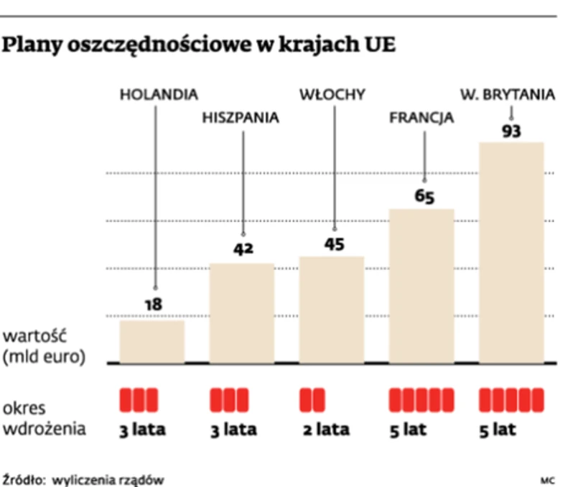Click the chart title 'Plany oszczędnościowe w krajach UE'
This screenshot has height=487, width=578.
point(200,45)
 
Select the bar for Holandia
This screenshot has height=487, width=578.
point(152,342)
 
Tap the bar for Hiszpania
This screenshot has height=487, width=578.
point(241,313)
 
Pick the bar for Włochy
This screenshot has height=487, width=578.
point(332,310)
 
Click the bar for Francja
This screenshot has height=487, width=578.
point(421,286)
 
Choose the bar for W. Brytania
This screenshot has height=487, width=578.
point(511,252)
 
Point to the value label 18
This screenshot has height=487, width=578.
point(153,305)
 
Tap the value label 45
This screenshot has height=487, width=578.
point(333,244)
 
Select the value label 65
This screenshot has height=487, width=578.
point(424,196)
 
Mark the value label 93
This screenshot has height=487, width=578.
point(511,131)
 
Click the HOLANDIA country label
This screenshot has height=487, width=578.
point(159,94)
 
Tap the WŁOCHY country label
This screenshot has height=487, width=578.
point(332,94)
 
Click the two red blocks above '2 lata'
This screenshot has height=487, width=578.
point(312,399)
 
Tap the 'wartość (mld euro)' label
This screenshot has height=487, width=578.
point(44,346)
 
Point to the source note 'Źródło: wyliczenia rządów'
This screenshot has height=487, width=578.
point(83,477)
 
